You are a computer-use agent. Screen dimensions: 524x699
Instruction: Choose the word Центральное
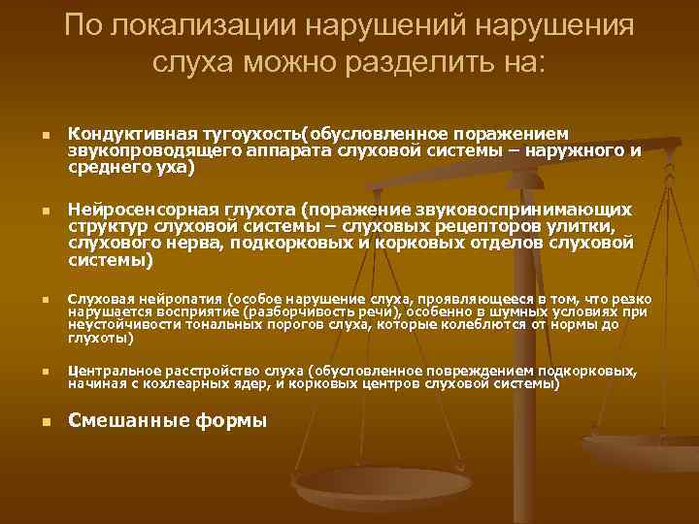click(111, 372)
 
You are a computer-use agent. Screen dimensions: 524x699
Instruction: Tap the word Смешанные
click(124, 421)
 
